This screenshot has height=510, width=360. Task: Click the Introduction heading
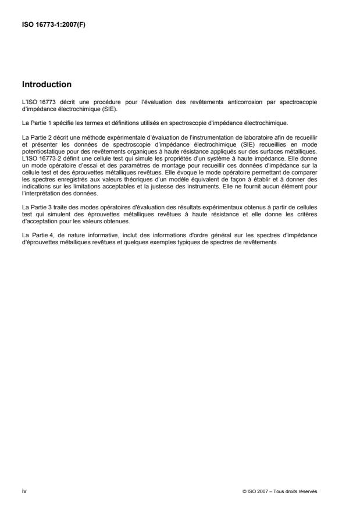coord(47,84)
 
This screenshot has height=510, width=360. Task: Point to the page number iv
coord(23,491)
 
